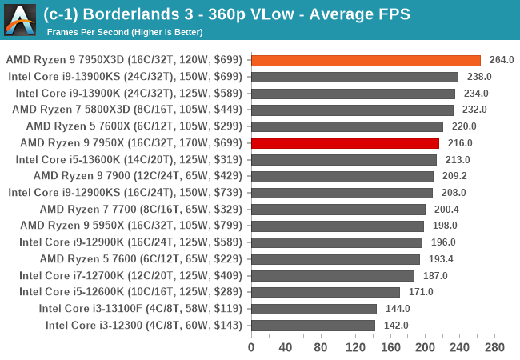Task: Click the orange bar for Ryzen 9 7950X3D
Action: [x=366, y=60]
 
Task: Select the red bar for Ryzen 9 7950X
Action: [x=345, y=143]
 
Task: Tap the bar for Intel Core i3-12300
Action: [x=313, y=325]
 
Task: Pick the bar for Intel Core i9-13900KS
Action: [x=354, y=77]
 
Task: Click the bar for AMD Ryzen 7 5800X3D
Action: [x=352, y=110]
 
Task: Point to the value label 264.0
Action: [x=502, y=60]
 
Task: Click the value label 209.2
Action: [x=454, y=176]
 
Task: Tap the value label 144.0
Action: [x=398, y=309]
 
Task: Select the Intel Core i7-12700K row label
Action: [x=131, y=275]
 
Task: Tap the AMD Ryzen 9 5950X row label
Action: [x=132, y=226]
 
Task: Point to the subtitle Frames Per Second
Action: [x=84, y=32]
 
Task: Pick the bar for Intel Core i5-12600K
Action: [x=325, y=292]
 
